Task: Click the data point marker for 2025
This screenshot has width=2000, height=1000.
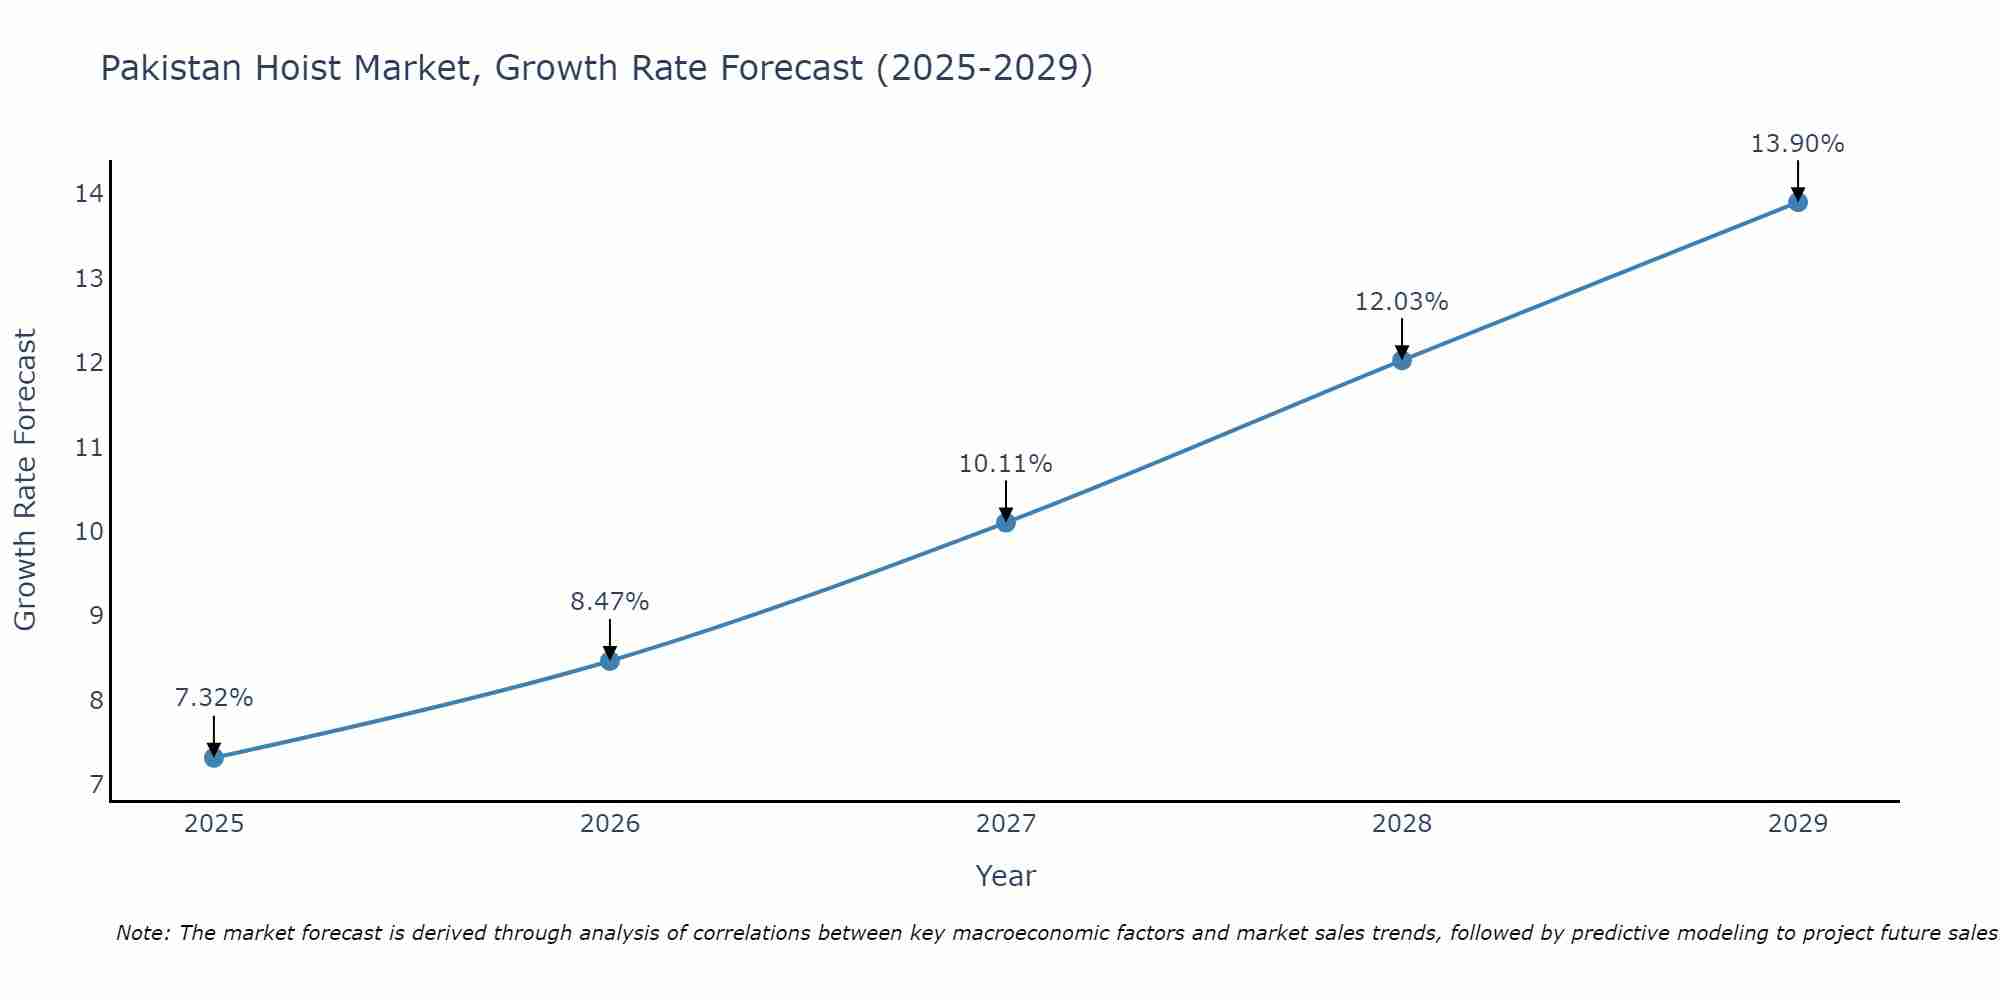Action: (214, 757)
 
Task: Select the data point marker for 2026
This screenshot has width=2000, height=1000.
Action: (610, 660)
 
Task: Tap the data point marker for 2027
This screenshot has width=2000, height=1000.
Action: (1006, 522)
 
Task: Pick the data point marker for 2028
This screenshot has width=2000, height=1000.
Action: (1402, 360)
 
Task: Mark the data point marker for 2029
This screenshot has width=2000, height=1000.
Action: (1798, 202)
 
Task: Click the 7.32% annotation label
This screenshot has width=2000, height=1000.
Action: (214, 698)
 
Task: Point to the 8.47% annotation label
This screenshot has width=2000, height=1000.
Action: (610, 601)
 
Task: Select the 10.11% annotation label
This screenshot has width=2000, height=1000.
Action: (1006, 464)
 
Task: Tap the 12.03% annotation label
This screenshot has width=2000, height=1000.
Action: (1402, 301)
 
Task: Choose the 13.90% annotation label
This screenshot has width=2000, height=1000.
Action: (1798, 144)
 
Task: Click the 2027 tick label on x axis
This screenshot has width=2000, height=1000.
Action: (1006, 824)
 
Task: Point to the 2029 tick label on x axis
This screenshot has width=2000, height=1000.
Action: (1798, 824)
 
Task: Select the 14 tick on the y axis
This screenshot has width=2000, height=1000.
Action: (89, 194)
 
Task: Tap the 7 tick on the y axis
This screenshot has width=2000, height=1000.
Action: (96, 785)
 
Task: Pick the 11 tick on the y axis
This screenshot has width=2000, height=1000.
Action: (89, 447)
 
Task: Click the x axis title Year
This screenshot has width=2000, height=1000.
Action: (1006, 876)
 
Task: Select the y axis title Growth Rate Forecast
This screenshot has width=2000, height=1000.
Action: (25, 480)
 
